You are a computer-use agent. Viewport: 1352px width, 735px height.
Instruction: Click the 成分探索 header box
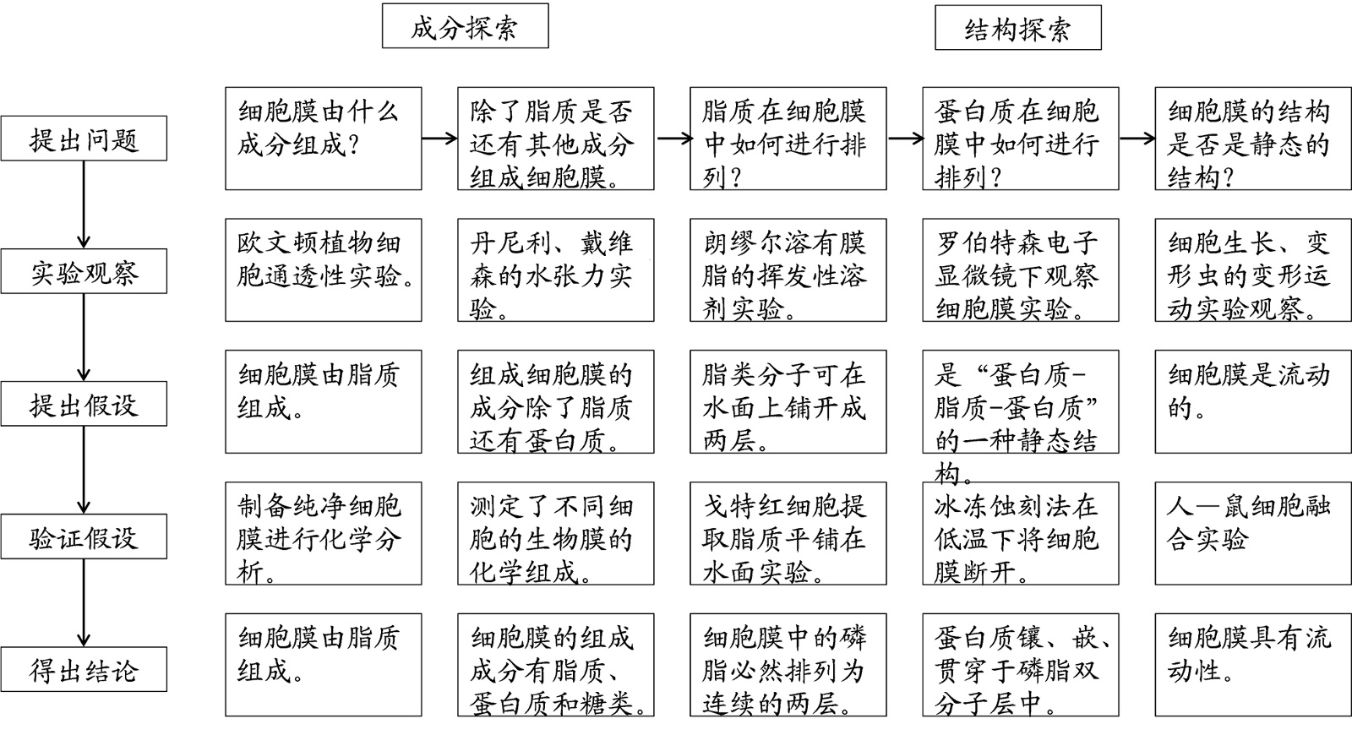pyautogui.click(x=465, y=26)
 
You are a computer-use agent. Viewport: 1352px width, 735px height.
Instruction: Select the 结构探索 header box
pyautogui.click(x=1017, y=28)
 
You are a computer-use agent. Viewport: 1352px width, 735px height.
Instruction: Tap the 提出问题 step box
pyautogui.click(x=84, y=139)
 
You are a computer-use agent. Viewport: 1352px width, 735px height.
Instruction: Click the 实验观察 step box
pyautogui.click(x=84, y=272)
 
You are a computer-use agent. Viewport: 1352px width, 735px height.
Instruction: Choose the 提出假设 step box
pyautogui.click(x=84, y=405)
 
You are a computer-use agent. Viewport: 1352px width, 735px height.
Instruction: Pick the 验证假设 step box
pyautogui.click(x=84, y=537)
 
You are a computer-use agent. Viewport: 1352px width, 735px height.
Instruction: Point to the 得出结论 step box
pyautogui.click(x=84, y=670)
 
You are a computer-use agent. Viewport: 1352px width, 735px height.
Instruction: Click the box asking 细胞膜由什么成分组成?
pyautogui.click(x=323, y=139)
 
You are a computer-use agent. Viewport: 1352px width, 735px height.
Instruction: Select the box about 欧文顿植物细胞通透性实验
pyautogui.click(x=323, y=270)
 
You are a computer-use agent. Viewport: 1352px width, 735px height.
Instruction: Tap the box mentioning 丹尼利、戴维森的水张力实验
pyautogui.click(x=555, y=270)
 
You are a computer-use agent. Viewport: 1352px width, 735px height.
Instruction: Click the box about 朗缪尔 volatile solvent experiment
pyautogui.click(x=788, y=270)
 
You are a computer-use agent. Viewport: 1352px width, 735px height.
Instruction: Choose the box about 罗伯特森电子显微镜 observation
pyautogui.click(x=1020, y=270)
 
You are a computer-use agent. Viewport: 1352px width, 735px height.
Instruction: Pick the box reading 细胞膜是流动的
pyautogui.click(x=1253, y=402)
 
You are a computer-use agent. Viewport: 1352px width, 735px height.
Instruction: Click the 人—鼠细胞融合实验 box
pyautogui.click(x=1253, y=534)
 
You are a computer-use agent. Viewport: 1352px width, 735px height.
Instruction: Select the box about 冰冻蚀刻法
pyautogui.click(x=1020, y=534)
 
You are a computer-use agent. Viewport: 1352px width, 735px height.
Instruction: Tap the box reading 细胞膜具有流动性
pyautogui.click(x=1253, y=666)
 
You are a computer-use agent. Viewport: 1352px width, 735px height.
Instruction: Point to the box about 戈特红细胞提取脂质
pyautogui.click(x=788, y=534)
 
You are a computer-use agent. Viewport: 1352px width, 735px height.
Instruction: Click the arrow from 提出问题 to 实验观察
pyautogui.click(x=84, y=204)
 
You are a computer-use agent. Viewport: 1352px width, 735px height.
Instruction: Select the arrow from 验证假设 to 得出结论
pyautogui.click(x=84, y=603)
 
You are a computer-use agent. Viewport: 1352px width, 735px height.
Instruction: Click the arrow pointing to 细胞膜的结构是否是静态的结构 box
pyautogui.click(x=1137, y=139)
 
